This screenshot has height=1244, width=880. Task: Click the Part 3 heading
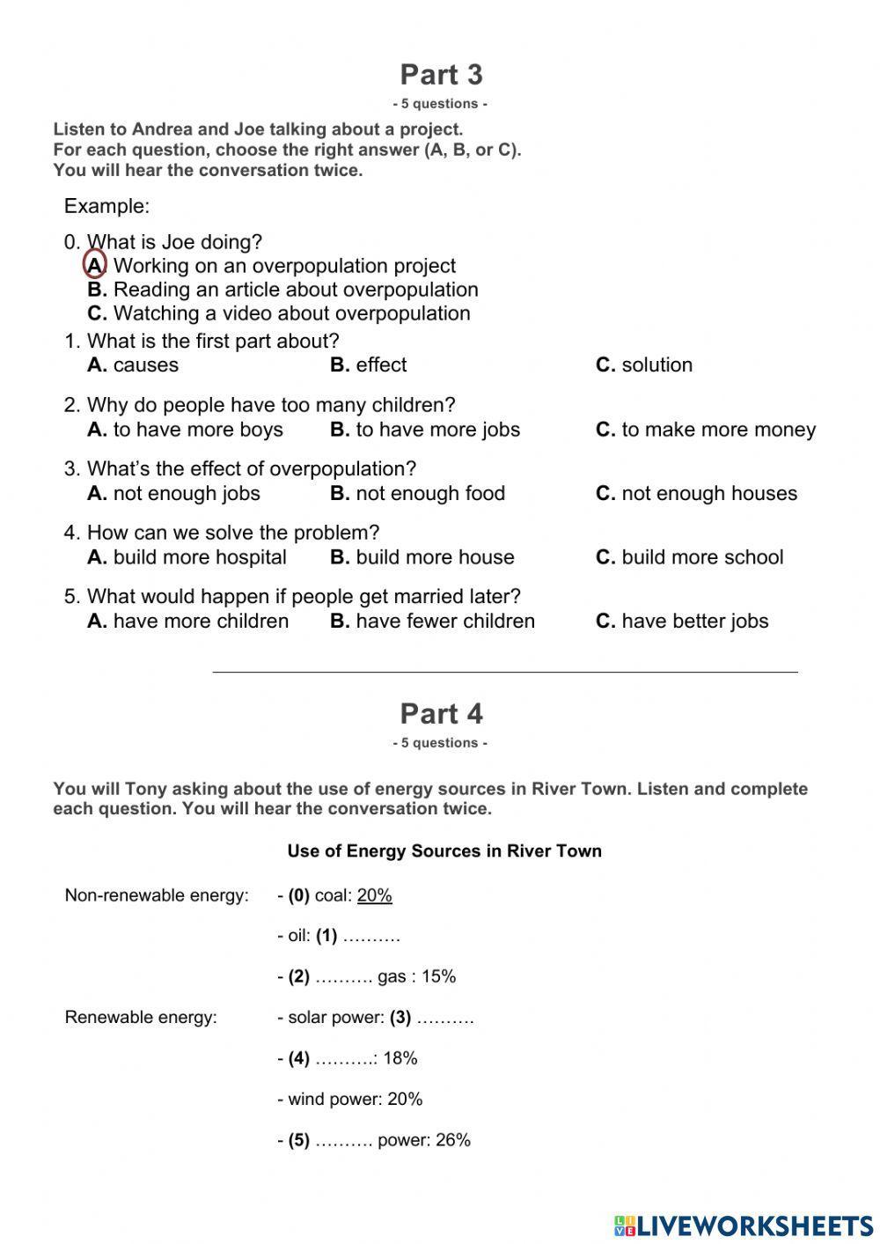[x=441, y=75]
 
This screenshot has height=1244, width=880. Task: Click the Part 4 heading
[x=441, y=714]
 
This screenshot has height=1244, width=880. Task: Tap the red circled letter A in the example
[x=95, y=265]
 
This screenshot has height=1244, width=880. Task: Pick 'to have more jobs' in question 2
[x=425, y=430]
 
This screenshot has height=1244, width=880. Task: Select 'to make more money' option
[x=706, y=430]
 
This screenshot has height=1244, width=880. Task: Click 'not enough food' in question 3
[x=418, y=494]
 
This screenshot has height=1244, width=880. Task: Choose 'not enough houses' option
[x=696, y=494]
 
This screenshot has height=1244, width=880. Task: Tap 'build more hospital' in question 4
[x=187, y=557]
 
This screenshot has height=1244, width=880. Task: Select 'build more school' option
[x=689, y=557]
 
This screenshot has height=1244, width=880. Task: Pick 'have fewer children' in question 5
[x=432, y=622]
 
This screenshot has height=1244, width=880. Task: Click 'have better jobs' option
[x=682, y=622]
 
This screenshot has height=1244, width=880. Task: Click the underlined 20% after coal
[x=375, y=895]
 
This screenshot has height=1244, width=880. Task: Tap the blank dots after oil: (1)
[x=371, y=936]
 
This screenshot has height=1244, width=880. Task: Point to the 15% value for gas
[x=438, y=976]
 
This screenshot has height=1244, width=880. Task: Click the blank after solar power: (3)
[x=445, y=1018]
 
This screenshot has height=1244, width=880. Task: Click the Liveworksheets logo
[x=744, y=1226]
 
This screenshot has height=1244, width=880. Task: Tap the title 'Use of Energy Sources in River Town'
[x=444, y=851]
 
